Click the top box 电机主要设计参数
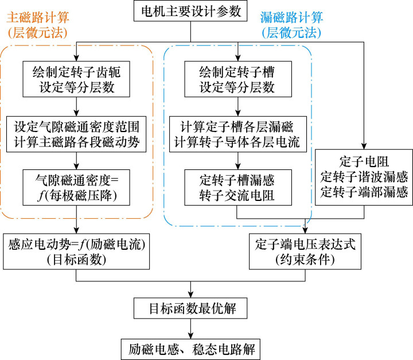click(190, 12)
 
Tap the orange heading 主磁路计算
click(36, 13)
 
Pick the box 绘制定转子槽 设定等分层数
click(237, 80)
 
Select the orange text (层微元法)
click(36, 30)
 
